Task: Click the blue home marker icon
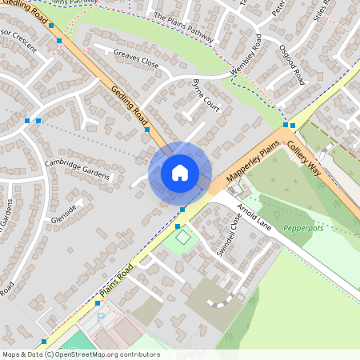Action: click(x=180, y=173)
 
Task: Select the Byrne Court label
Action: click(x=206, y=94)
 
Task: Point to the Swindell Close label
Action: click(x=229, y=234)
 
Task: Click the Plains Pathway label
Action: click(x=184, y=27)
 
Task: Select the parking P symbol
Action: click(x=101, y=318)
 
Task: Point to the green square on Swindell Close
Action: click(x=184, y=238)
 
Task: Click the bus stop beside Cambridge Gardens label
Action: click(x=147, y=129)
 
